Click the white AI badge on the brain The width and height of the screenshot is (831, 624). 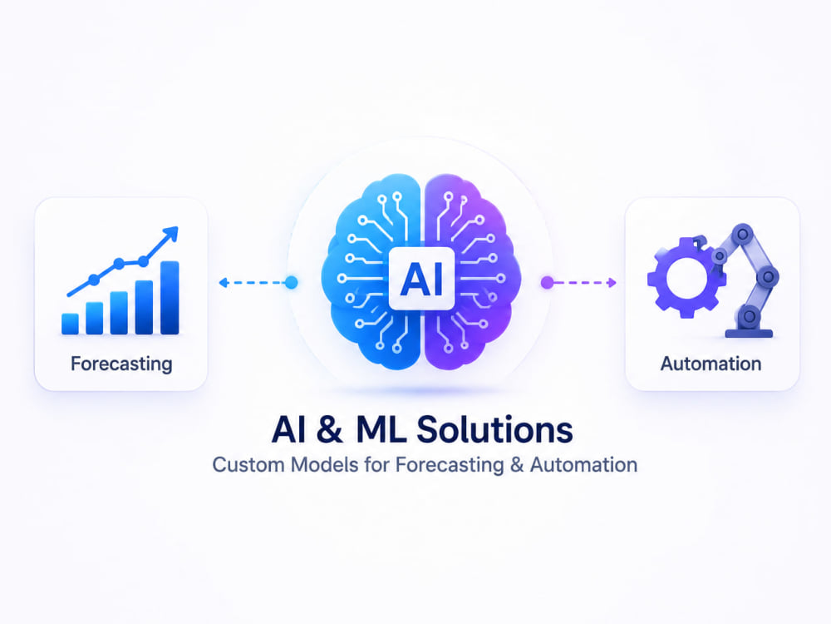coord(421,278)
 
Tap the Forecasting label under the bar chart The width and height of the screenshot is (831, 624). coord(121,364)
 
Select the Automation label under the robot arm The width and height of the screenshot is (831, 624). coord(711,364)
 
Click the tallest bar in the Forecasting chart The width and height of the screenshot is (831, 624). coord(170,298)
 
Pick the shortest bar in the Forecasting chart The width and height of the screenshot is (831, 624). coord(70,324)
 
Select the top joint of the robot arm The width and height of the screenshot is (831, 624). coord(742,234)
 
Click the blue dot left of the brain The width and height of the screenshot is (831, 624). coord(291,282)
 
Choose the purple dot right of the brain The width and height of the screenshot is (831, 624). coord(547,282)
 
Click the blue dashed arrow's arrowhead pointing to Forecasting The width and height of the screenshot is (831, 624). coord(224,282)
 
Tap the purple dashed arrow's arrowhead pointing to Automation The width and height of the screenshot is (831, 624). coord(612,282)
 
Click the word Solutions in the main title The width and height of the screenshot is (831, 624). coord(494,429)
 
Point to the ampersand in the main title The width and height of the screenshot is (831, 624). coord(330,430)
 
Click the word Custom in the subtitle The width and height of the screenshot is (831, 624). coord(248,465)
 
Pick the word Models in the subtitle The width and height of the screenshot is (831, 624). coord(325,465)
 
